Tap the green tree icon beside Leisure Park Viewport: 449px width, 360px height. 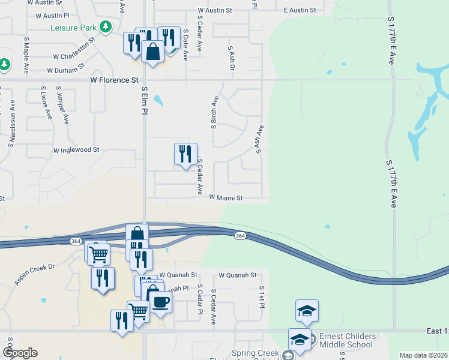[x=106, y=26]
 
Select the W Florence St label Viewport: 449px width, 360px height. [x=114, y=80]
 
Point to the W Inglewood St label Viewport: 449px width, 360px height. [x=76, y=150]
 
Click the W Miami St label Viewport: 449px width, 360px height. [x=226, y=197]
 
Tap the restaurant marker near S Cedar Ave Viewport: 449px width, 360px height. [x=185, y=154]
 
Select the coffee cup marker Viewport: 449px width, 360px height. [x=160, y=301]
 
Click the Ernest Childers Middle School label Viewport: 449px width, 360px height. [x=347, y=340]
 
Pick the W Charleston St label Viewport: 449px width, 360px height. [x=75, y=50]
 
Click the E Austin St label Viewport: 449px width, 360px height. [x=300, y=11]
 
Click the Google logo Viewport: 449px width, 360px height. [x=20, y=353]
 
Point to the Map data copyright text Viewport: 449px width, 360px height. [x=424, y=355]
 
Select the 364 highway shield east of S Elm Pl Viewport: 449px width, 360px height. [x=240, y=236]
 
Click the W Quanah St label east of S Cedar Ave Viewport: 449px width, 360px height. [x=238, y=275]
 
